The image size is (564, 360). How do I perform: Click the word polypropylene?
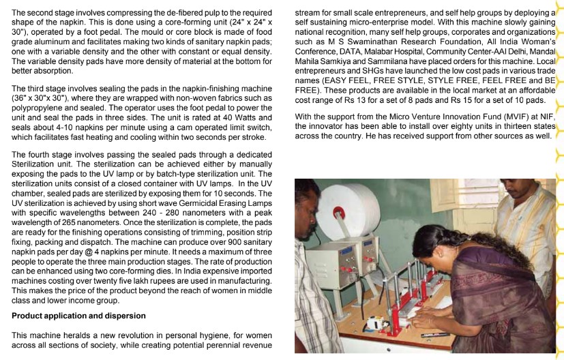tap(33, 107)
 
